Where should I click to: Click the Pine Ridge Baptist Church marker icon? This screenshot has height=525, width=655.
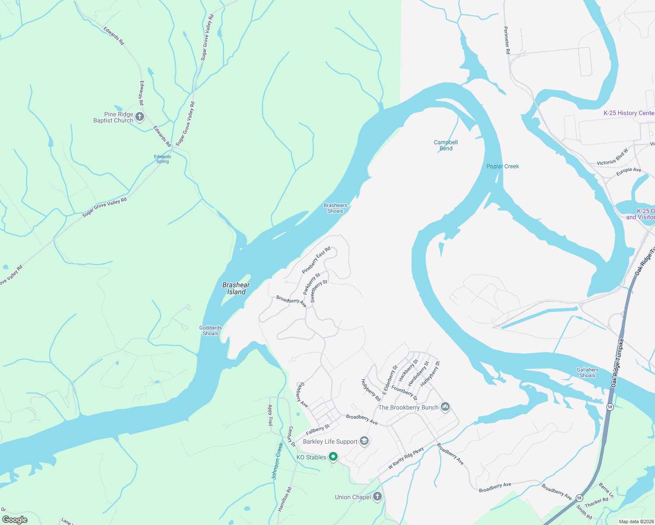pos(140,117)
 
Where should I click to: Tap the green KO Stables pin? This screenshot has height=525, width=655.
pos(333,457)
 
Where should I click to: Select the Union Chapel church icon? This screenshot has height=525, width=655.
pos(377,497)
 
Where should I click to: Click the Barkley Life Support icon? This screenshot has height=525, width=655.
pos(364,441)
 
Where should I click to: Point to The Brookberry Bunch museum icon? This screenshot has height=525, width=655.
pos(445,407)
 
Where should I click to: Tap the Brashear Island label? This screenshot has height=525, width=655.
pos(236,288)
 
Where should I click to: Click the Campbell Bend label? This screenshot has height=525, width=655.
pos(446,145)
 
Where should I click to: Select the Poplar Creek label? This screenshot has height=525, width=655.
pos(503,166)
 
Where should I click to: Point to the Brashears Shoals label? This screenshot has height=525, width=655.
pos(335,208)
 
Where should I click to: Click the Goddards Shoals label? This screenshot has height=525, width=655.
pos(211,330)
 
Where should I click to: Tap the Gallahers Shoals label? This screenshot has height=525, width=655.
pos(588,372)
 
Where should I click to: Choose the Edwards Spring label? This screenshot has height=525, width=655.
pos(162,159)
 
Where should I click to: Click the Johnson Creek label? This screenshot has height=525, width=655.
pos(278,461)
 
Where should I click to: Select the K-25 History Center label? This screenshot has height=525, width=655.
pos(629,113)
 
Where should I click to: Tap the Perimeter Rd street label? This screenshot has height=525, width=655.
pos(507,40)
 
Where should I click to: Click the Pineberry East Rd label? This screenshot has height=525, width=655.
pos(316,260)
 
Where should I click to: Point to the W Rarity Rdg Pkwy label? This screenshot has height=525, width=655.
pos(406,458)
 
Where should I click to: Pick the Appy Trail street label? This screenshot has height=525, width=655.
pos(270,415)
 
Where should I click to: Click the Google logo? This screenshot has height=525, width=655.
pos(14,519)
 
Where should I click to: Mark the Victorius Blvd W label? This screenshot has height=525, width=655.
pos(612,157)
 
